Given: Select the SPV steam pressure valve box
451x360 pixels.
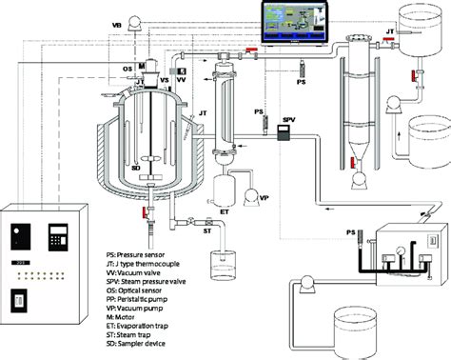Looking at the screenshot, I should tap(282, 136).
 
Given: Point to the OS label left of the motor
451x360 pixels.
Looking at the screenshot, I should tap(127, 69).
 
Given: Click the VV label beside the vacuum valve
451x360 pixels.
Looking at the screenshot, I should tap(179, 82).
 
